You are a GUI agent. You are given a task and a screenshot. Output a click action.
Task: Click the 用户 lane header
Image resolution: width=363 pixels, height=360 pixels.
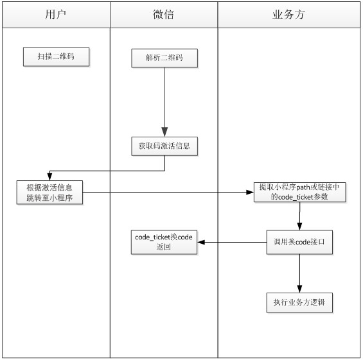56,15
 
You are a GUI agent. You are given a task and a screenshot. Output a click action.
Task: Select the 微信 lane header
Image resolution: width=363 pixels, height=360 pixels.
164,15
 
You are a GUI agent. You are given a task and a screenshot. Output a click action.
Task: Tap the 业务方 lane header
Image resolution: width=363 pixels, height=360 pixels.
288,15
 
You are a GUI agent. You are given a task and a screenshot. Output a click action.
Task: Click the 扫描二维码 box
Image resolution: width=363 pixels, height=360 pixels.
56,57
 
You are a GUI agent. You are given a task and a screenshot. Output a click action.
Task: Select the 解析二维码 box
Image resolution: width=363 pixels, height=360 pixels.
164,58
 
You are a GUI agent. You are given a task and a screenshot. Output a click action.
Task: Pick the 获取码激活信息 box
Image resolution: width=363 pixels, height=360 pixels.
164,146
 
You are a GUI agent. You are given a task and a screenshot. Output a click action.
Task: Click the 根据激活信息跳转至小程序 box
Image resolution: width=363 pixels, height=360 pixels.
49,193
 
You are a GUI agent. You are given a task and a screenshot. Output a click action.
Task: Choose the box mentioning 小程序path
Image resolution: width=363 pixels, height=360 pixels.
300,192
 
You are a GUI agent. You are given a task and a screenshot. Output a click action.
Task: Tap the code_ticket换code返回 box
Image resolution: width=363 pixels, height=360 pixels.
164,242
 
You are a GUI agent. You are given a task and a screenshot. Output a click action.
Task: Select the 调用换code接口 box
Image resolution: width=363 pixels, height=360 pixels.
299,242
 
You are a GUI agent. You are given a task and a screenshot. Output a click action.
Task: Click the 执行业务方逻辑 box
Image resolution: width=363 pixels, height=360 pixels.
299,303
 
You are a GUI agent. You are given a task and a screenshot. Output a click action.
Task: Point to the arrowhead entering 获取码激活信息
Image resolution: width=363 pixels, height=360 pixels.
164,132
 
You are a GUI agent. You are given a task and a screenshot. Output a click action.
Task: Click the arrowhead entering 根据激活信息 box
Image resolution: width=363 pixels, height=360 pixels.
49,176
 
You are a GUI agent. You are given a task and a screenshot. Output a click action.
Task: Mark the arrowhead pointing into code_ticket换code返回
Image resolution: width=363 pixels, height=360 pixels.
201,242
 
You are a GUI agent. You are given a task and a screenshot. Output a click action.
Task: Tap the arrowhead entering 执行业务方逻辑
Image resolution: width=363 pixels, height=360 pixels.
299,289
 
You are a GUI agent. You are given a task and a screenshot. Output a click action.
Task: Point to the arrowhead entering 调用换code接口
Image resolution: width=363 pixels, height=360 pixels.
299,227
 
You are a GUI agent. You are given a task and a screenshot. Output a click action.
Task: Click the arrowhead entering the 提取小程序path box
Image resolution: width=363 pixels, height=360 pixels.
250,192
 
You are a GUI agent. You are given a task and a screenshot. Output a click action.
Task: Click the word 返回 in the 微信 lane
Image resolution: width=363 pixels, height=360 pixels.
163,247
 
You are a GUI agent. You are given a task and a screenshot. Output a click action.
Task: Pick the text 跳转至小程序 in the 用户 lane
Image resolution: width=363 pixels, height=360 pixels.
49,198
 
